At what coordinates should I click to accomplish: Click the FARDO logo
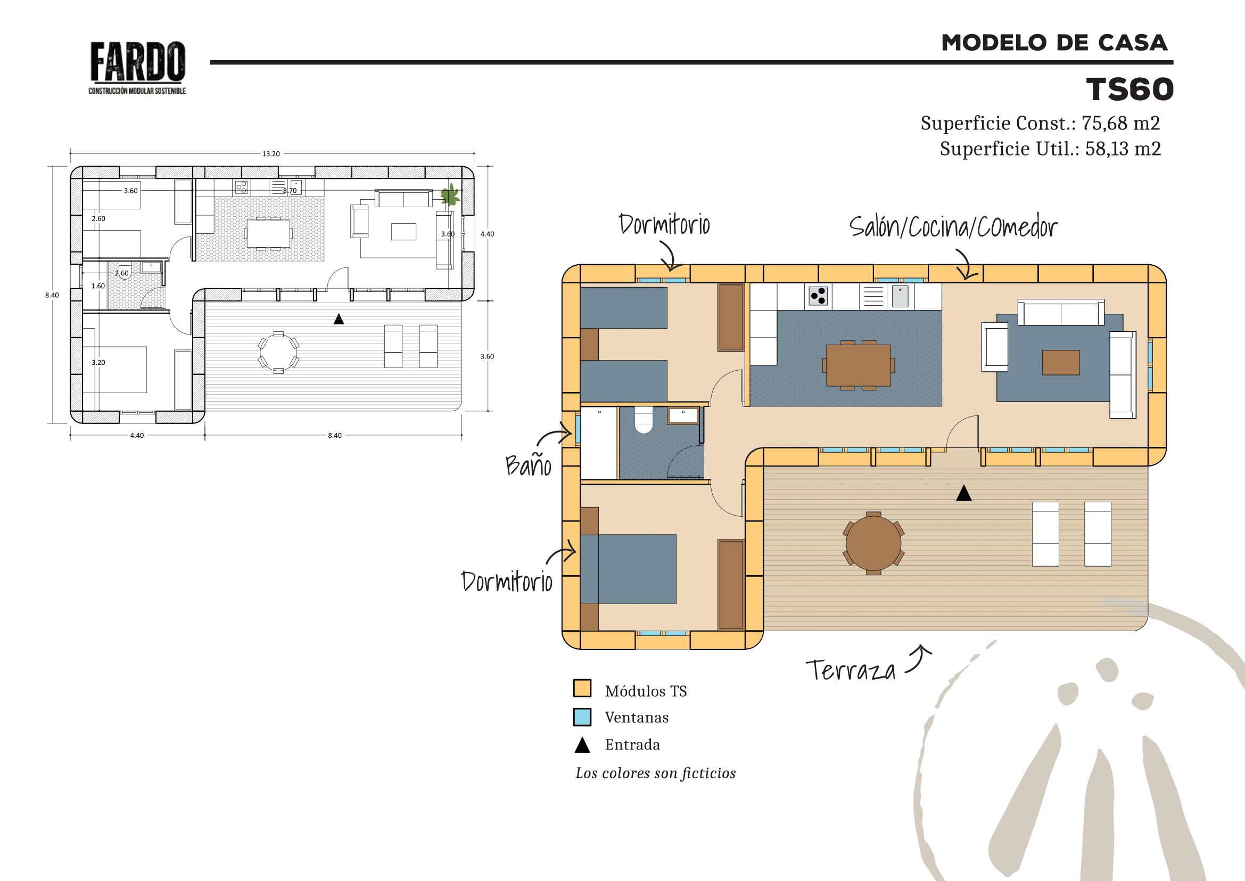[137, 67]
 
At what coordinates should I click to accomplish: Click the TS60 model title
[1130, 89]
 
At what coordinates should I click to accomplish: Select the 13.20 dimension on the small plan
[271, 154]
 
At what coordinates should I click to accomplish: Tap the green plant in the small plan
[450, 195]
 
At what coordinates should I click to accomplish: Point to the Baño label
[528, 465]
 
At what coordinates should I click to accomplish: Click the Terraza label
[850, 670]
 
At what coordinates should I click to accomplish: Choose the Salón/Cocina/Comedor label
[953, 226]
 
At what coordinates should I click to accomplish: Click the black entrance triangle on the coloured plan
[963, 493]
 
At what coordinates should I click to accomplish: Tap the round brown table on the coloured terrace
[873, 543]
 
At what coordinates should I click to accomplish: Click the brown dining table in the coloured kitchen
[859, 365]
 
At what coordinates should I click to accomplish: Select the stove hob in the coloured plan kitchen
[818, 296]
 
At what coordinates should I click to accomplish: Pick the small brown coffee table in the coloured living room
[1061, 362]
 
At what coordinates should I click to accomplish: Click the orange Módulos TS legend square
[582, 688]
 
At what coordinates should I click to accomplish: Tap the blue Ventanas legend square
[582, 716]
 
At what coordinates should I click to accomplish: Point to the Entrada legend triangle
[582, 745]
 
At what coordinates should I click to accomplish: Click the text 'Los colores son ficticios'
[656, 773]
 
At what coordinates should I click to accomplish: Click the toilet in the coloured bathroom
[644, 420]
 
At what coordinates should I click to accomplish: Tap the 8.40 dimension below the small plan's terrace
[335, 436]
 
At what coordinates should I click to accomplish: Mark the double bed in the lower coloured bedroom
[629, 569]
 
